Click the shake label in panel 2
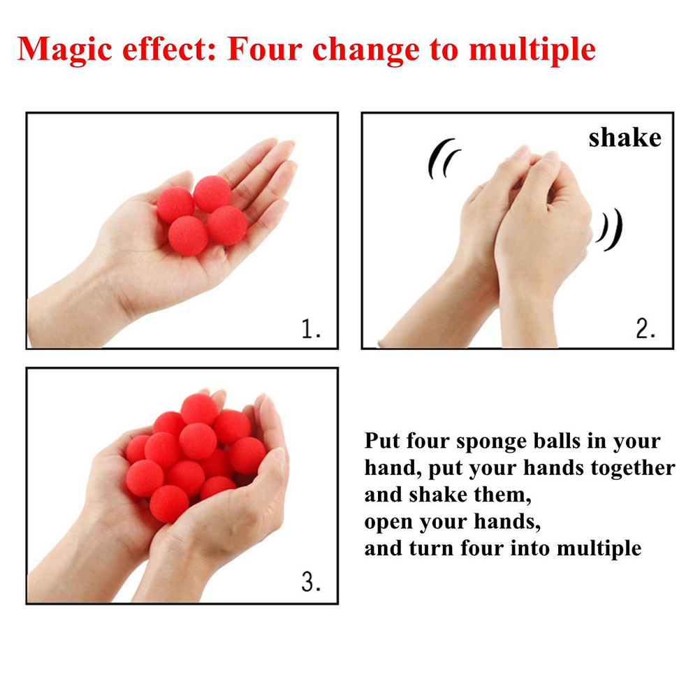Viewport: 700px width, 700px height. pos(625,137)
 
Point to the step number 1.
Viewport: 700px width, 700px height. pos(311,329)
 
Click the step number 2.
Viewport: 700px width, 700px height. pos(646,329)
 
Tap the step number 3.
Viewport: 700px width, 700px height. pos(311,582)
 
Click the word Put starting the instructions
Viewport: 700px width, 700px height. pos(382,440)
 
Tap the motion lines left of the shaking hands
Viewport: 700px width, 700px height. pos(443,159)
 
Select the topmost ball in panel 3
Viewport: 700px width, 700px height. pos(199,409)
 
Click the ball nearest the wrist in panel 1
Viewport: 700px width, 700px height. pos(188,235)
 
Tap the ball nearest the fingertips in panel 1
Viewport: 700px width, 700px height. pos(212,194)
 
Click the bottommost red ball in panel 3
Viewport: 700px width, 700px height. pos(169,504)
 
